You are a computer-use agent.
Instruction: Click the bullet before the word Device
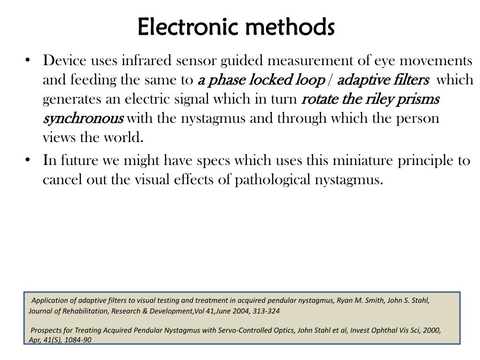point(29,60)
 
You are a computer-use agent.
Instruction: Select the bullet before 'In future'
point(29,160)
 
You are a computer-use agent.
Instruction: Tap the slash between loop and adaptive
point(330,81)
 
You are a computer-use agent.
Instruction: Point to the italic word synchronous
point(83,119)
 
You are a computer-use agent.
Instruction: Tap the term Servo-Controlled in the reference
point(244,330)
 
